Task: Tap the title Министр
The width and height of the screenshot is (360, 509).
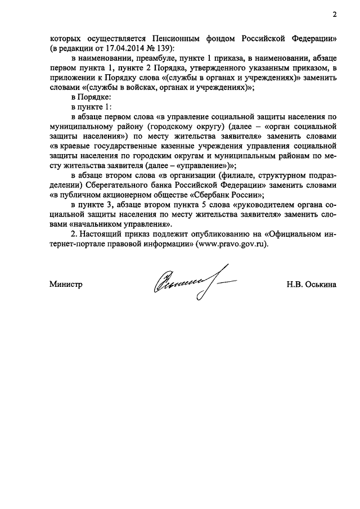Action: (x=66, y=285)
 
